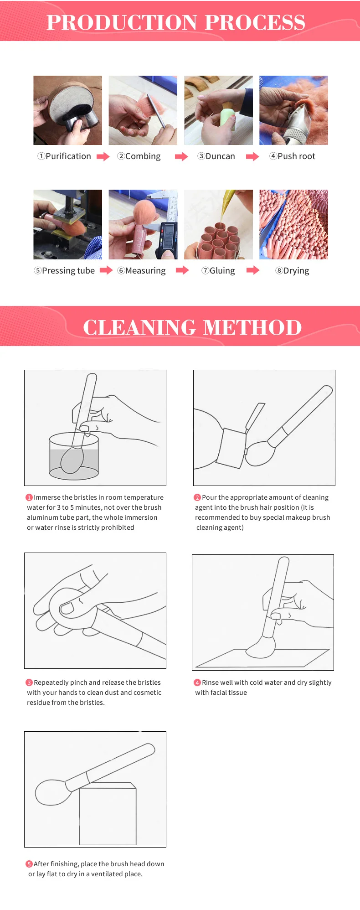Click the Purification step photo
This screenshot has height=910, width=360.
click(67, 110)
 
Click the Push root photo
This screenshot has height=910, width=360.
click(293, 110)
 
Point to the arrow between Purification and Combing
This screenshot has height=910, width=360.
click(103, 157)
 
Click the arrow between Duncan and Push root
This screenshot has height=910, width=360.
click(252, 157)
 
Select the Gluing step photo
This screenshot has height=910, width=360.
click(218, 224)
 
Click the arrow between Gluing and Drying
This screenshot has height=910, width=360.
click(253, 270)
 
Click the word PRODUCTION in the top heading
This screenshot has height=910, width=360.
click(122, 22)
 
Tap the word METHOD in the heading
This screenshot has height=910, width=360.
click(252, 327)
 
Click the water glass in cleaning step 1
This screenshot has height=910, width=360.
click(74, 456)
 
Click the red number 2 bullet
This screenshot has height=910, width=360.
click(197, 497)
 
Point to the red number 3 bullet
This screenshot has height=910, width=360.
click(29, 682)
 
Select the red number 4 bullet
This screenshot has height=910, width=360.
click(197, 682)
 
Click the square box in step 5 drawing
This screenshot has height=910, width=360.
click(108, 814)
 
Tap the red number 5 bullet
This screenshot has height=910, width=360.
click(29, 864)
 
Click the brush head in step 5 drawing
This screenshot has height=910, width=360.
click(53, 792)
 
